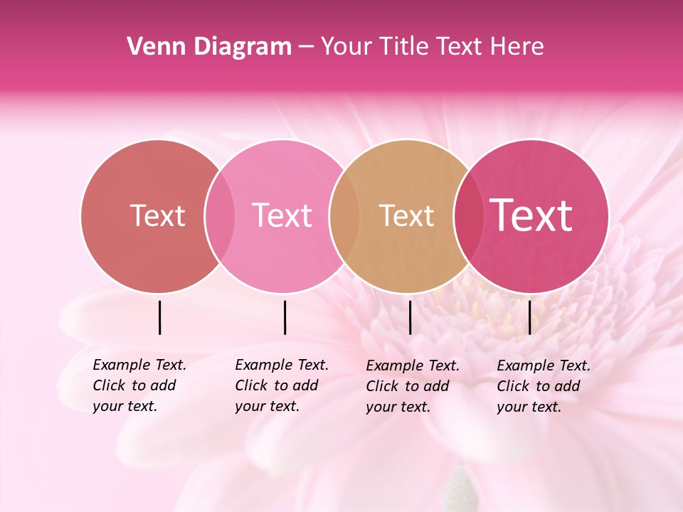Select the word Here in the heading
pos(518,47)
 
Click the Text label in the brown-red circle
pos(157,215)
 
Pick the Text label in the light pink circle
pos(282,215)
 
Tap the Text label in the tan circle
pos(406,215)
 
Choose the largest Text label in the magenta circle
pos(531,215)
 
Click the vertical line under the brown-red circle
pos(159,317)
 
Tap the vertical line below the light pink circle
pos(285,317)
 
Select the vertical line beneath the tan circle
pos(410,317)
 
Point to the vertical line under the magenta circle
pos(529,317)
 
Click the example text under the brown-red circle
pos(139,385)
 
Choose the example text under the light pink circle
pos(281,385)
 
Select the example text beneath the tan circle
pos(412,386)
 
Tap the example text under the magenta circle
pos(543,386)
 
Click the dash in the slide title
pos(306,48)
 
